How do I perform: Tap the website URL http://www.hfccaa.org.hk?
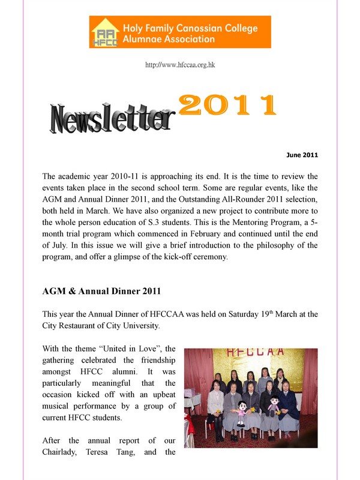tap(180, 64)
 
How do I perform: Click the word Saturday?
tap(231, 314)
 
